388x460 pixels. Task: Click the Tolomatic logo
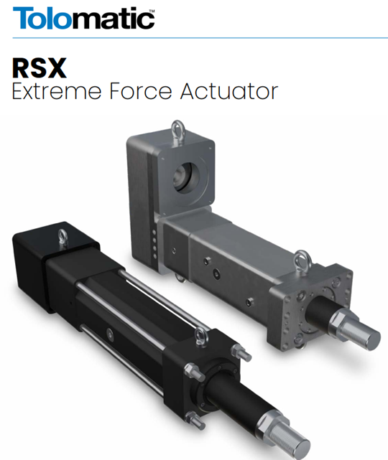click(84, 18)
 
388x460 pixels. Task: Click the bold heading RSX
click(40, 68)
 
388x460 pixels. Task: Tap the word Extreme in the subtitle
click(56, 91)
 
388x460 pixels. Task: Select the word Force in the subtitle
click(140, 91)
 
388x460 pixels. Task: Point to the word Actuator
click(229, 91)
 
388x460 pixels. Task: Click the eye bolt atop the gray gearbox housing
click(178, 131)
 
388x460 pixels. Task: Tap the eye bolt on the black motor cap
click(63, 238)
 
